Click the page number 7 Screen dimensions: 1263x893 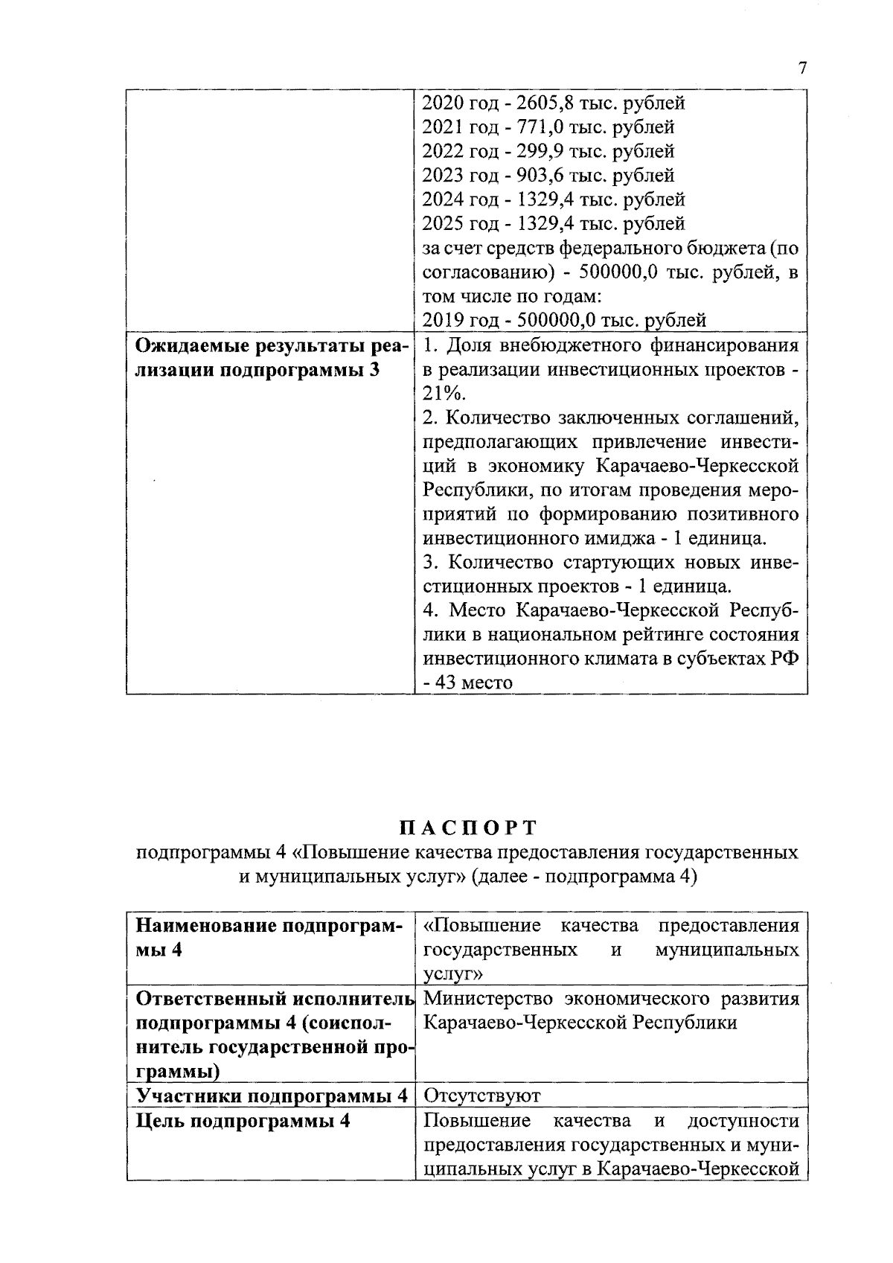click(x=801, y=68)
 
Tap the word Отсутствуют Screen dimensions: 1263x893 click(x=481, y=1096)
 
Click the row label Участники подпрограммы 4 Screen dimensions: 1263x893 click(x=272, y=1096)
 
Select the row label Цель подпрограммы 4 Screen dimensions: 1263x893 click(x=243, y=1122)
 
